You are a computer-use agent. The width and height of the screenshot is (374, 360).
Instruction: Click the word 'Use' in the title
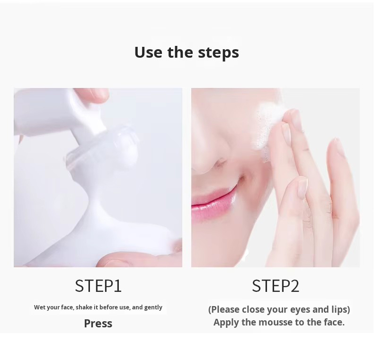click(148, 52)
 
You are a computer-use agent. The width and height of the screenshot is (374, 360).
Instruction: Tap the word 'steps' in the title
click(218, 53)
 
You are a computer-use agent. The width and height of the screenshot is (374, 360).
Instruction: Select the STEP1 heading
click(98, 286)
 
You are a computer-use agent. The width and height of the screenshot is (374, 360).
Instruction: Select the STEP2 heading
click(276, 286)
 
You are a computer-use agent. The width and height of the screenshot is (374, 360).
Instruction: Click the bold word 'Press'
click(98, 324)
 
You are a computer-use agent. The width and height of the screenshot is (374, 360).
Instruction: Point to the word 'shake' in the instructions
click(84, 307)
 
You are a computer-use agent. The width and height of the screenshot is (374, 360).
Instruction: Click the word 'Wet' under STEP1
click(40, 307)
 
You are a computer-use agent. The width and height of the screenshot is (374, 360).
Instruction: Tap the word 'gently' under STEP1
click(153, 307)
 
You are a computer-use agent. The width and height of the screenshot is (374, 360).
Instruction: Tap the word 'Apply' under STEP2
click(226, 323)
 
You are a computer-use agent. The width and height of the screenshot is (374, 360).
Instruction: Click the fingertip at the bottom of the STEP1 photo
click(123, 260)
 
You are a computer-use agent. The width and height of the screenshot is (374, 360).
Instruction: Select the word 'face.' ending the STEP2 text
click(333, 323)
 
